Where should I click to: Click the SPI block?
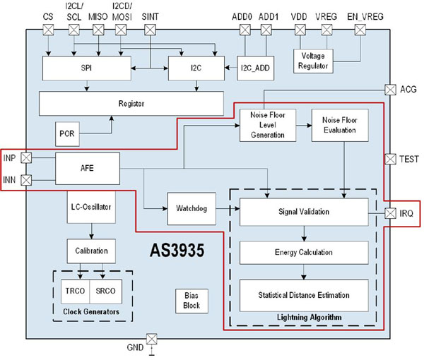point(86,68)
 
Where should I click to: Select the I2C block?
point(194,68)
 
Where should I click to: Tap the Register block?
point(131,103)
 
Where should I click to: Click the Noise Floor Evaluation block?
point(340,125)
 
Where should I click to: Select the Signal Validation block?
point(304,211)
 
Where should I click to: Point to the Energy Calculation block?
point(304,252)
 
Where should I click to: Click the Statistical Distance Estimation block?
point(304,294)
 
